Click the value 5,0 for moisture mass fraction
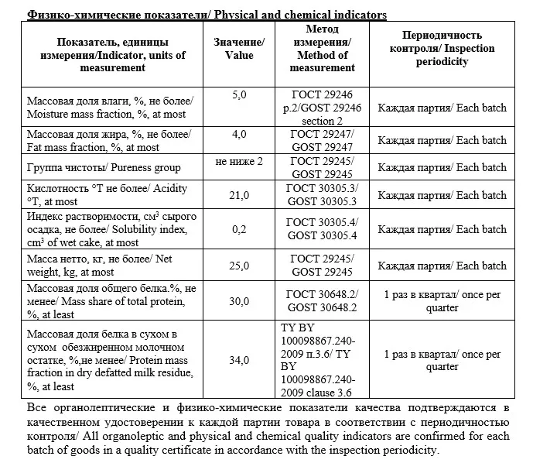[x=239, y=94]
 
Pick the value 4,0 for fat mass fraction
[x=239, y=134]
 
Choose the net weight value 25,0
[x=239, y=266]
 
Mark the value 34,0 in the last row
[x=239, y=360]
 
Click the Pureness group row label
[x=104, y=167]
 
